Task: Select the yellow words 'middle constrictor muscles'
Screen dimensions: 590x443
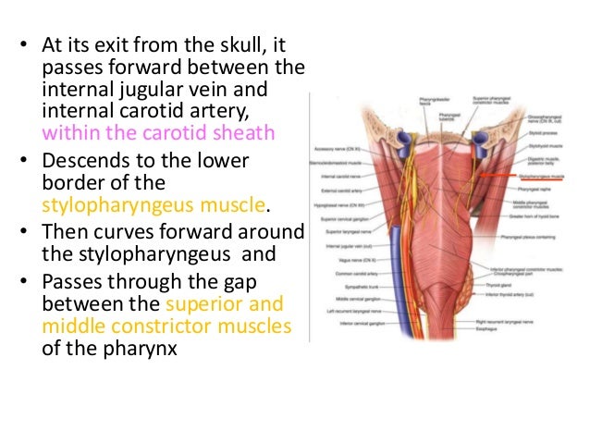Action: [166, 326]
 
